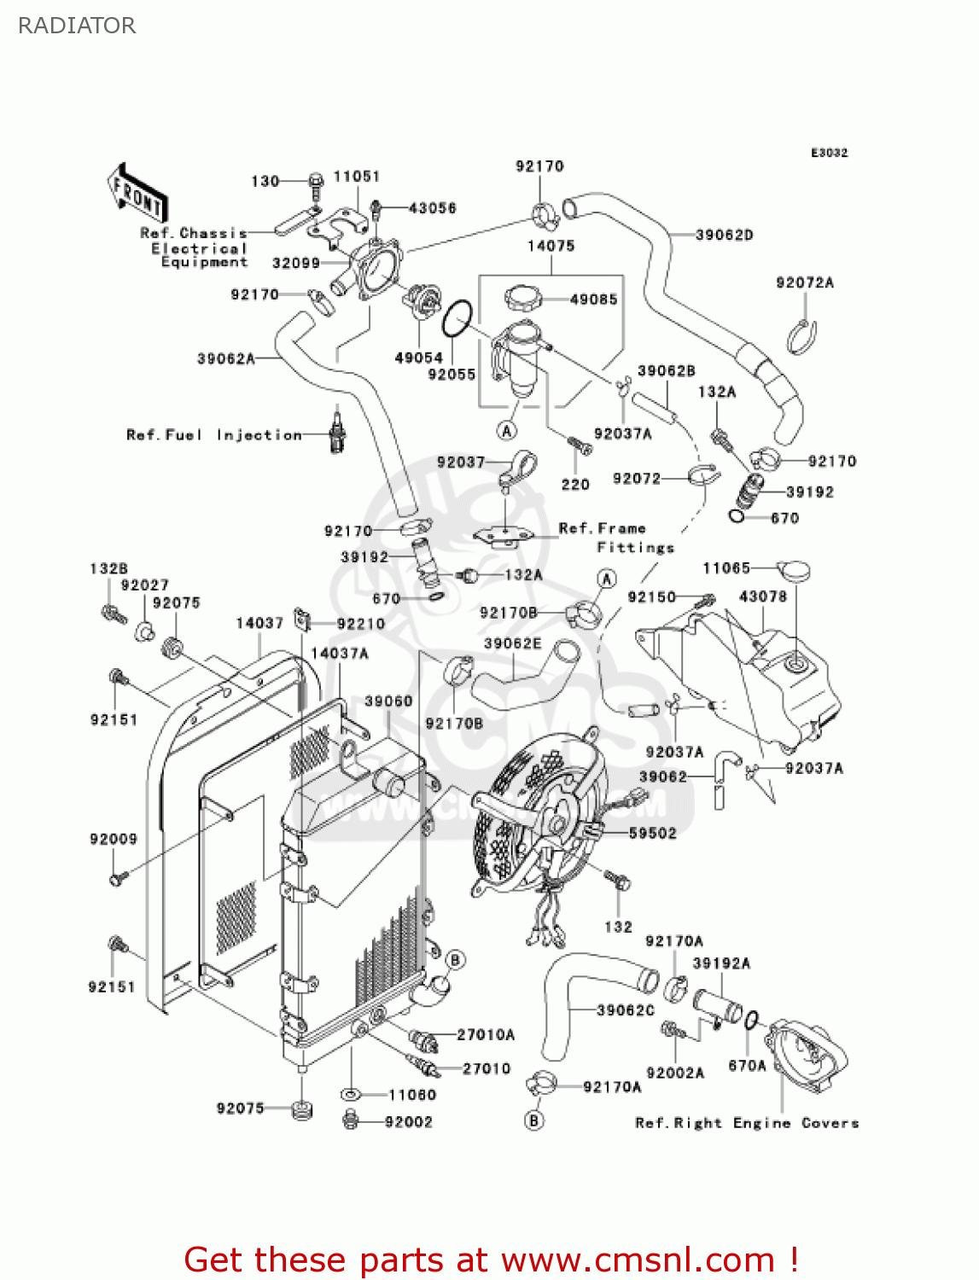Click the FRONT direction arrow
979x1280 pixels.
tap(137, 194)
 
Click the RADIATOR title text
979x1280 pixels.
tap(77, 26)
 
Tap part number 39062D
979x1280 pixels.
tap(724, 235)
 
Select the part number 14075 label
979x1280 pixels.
tap(551, 246)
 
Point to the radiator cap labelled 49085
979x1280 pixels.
tap(523, 299)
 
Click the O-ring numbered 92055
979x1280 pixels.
tap(457, 319)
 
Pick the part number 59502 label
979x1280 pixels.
tap(652, 833)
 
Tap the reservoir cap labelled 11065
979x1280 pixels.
tap(793, 570)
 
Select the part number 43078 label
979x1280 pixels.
tap(762, 596)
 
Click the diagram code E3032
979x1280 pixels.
tap(829, 153)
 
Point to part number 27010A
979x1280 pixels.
tap(486, 1035)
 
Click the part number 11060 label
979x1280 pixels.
tap(412, 1095)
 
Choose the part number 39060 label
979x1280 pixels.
tap(388, 701)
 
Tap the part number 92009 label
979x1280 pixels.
tap(114, 839)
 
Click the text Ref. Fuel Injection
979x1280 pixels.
tap(213, 435)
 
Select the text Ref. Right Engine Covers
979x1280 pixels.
tap(747, 1123)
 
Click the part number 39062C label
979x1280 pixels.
tap(626, 1010)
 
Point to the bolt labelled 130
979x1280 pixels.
tap(315, 181)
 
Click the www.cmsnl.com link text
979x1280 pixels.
tap(638, 1260)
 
